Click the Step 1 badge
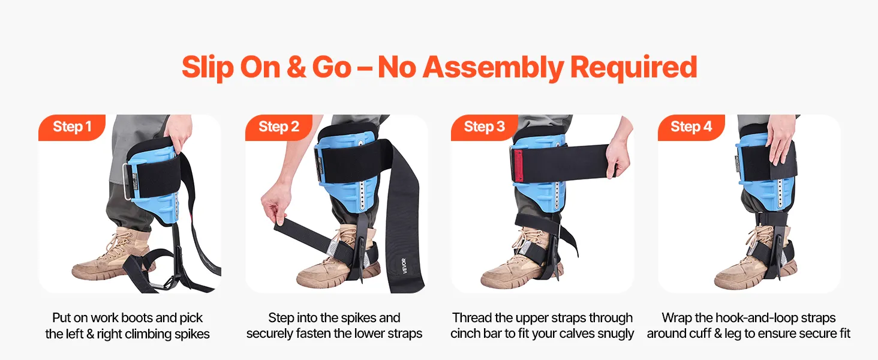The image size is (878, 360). point(72,127)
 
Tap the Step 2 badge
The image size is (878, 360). point(279,127)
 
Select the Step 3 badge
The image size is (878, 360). point(485,127)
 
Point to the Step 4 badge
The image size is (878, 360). point(691,127)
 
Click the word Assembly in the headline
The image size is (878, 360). point(493,67)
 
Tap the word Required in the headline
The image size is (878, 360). point(634,67)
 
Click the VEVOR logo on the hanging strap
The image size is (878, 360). point(404,265)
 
